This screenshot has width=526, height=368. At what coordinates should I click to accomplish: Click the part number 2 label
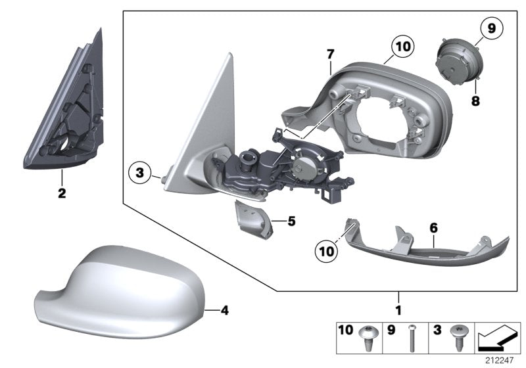62,194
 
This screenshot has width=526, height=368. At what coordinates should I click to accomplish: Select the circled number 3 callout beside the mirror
139,173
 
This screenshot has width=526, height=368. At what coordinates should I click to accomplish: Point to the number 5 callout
291,222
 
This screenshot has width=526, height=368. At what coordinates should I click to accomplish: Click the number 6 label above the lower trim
433,227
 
